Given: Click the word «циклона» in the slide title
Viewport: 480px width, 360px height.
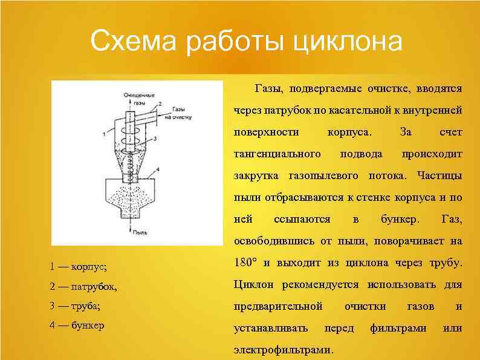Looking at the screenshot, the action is [347, 43].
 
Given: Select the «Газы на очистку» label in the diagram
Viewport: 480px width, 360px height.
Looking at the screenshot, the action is [182, 111].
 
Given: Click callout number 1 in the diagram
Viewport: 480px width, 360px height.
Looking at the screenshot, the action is [105, 132].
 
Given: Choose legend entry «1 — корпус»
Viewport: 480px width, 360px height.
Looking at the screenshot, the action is [78, 266].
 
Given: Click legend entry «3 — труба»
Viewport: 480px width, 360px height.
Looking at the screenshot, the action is [75, 306].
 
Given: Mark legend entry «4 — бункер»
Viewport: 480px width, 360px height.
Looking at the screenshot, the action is [77, 326].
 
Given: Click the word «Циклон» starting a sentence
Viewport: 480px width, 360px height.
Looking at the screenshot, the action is [253, 284].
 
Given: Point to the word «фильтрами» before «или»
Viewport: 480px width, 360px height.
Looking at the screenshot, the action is [398, 328].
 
